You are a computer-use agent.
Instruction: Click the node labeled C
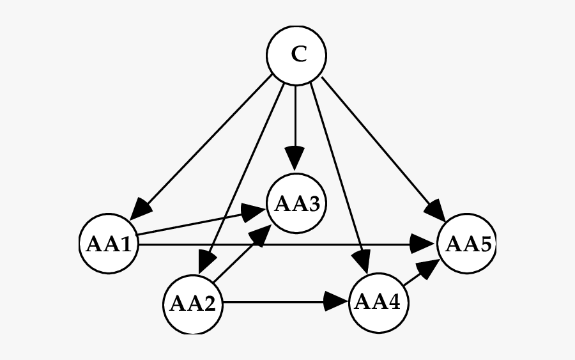[296, 55]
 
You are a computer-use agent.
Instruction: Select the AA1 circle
[109, 244]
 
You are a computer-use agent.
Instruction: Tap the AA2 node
[192, 304]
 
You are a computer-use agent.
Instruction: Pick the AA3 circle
[296, 204]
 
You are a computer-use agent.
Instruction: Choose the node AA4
[378, 302]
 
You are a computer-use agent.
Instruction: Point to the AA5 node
[466, 244]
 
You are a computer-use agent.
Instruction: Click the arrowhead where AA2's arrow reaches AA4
[336, 302]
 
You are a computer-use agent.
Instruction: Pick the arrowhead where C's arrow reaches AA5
[435, 211]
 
